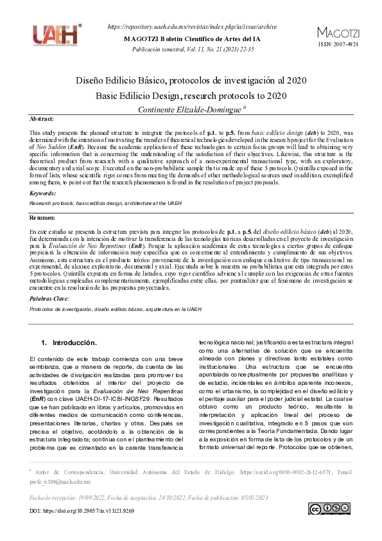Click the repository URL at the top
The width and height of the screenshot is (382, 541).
193,26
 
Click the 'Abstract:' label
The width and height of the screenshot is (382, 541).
42,120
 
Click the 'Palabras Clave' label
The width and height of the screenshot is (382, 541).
49,299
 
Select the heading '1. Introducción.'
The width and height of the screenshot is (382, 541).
69,342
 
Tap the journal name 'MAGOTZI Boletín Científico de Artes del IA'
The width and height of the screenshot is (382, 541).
193,39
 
